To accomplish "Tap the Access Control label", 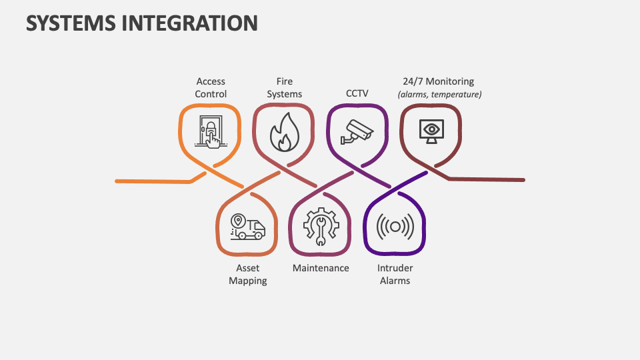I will tap(211, 88).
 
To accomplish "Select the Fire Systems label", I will tap(285, 88).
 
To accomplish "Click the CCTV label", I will tap(357, 94).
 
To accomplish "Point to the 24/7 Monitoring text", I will tap(439, 81).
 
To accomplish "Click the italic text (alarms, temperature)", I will tap(439, 95).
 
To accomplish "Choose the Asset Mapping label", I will tap(247, 274).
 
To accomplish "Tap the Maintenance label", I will tap(321, 268).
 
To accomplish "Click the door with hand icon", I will tap(211, 131).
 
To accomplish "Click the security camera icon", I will tap(357, 131).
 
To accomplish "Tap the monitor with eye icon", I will tap(431, 130).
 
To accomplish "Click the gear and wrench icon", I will tap(321, 226).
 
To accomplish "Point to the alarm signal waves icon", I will tap(395, 227).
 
